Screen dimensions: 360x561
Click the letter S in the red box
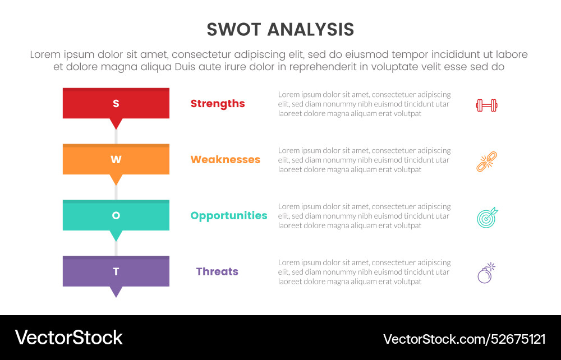click(116, 103)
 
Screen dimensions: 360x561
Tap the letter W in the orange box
click(116, 159)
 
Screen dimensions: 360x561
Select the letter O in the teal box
click(116, 215)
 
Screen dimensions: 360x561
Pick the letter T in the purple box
click(116, 271)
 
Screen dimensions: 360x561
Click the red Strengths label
click(218, 103)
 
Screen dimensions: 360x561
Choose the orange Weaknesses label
click(226, 159)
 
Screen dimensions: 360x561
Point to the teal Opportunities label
click(229, 215)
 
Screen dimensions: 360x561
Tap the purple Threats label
click(217, 271)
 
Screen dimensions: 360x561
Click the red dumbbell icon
click(487, 105)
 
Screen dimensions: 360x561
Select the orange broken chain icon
click(487, 161)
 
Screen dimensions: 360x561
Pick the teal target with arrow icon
click(487, 217)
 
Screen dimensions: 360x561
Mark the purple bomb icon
click(486, 273)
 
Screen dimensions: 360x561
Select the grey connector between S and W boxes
click(116, 137)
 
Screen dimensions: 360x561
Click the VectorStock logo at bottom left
click(68, 338)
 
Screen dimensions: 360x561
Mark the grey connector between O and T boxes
click(116, 249)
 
